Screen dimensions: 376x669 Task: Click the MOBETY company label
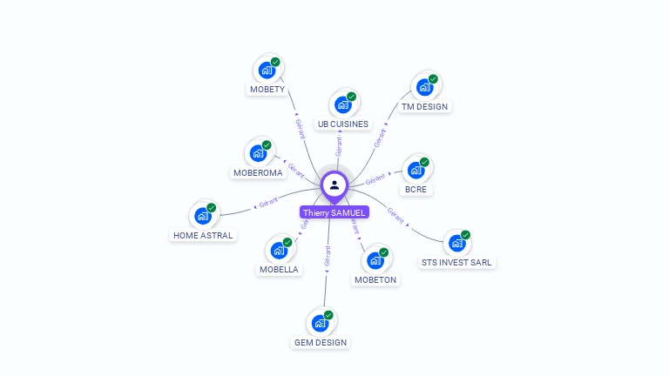point(267,90)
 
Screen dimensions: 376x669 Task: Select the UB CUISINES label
point(343,124)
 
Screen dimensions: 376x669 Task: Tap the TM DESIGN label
point(424,107)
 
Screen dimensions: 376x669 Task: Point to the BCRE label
point(416,189)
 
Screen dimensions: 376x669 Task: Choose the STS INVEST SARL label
point(456,262)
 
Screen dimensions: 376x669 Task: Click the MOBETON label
point(375,280)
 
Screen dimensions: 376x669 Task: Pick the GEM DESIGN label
point(321,343)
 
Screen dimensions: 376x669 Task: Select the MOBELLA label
point(279,270)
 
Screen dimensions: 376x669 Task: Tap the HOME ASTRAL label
point(203,235)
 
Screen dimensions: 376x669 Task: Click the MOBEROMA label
point(258,173)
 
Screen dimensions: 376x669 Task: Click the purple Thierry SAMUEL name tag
point(334,212)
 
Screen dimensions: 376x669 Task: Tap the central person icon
point(334,185)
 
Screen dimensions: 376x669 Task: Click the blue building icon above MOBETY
point(267,70)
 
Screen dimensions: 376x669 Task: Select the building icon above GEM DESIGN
point(320,323)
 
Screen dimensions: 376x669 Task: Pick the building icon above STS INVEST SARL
point(456,243)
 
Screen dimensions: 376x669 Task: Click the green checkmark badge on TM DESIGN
point(433,79)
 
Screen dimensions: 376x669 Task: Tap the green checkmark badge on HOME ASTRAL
point(212,208)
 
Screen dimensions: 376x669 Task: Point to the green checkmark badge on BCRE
point(424,162)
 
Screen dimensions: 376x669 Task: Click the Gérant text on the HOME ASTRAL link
point(268,203)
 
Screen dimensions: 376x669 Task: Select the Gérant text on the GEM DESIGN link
point(328,255)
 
